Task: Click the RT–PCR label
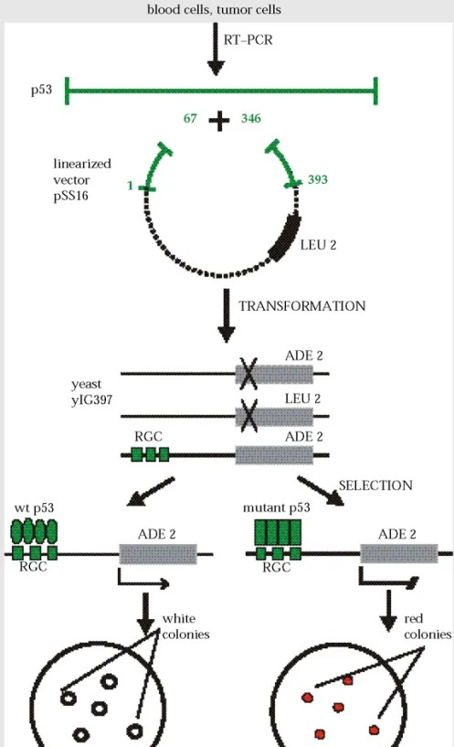pos(248,39)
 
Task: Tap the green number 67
pos(190,118)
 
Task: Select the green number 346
pos(251,118)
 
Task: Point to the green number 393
pos(317,179)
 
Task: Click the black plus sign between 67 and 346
pos(219,120)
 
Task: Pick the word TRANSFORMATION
pos(302,306)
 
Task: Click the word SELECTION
pos(375,486)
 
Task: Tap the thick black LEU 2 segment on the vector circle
pos(286,238)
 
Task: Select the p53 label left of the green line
pos(41,90)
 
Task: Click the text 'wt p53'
pos(35,507)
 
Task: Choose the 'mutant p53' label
pos(277,507)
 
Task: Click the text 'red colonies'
pos(428,626)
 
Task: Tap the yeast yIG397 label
pos(92,391)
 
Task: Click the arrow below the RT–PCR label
pos(216,49)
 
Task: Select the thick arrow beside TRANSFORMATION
pos(226,315)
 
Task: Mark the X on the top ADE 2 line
pos(248,373)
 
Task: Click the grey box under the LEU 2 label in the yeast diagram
pos(274,417)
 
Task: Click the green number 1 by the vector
pos(130,186)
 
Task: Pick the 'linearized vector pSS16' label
pos(82,179)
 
